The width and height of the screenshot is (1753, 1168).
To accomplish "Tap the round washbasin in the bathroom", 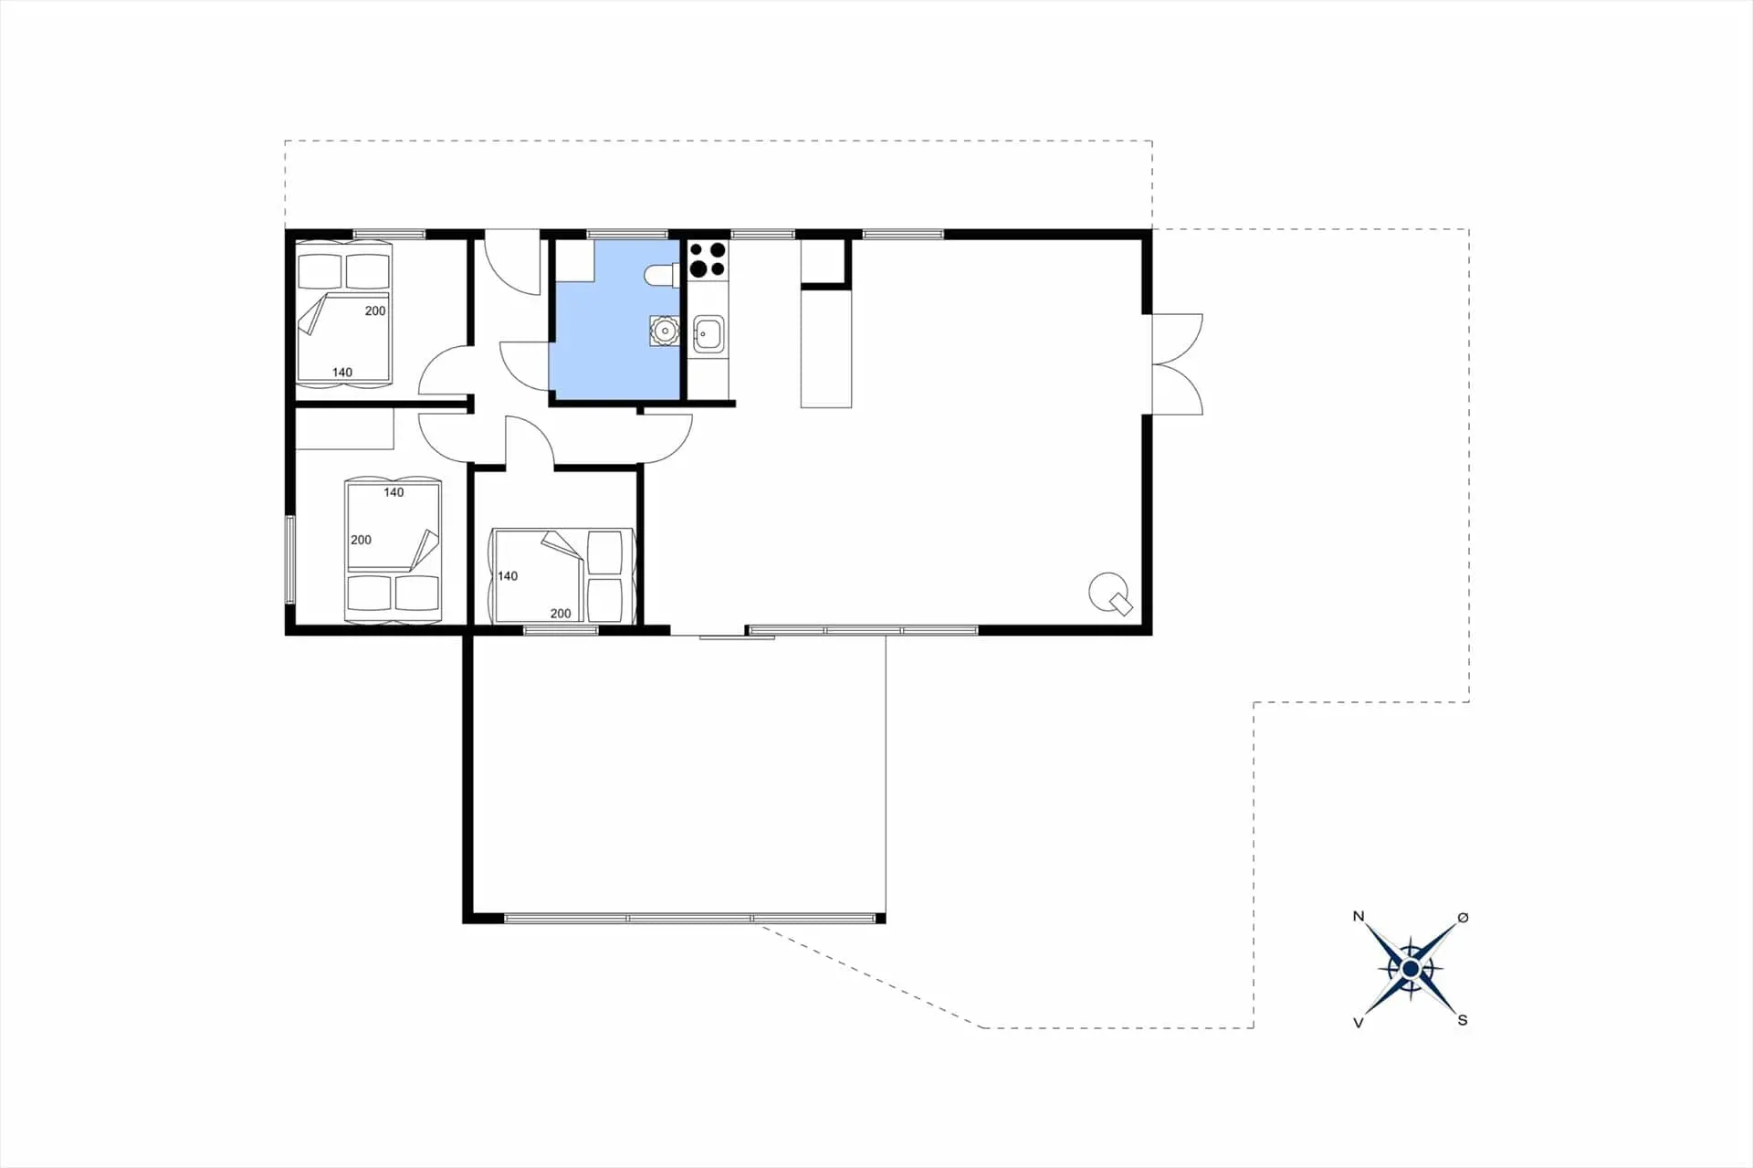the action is tap(665, 331).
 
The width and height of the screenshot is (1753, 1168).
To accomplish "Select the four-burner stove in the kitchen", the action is tap(708, 258).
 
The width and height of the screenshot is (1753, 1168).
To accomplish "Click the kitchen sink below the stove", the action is tap(709, 334).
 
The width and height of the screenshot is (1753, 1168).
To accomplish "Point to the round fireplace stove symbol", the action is tap(1110, 593).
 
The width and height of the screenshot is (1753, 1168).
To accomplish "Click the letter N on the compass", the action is tap(1359, 916).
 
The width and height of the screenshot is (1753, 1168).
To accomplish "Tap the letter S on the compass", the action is tap(1463, 1020).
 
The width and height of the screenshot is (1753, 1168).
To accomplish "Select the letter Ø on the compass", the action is tap(1463, 917).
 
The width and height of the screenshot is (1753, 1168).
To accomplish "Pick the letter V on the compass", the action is tap(1359, 1023).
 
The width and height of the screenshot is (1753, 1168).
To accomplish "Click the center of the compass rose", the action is tap(1411, 969).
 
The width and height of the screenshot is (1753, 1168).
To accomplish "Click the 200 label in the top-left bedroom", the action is tap(375, 310).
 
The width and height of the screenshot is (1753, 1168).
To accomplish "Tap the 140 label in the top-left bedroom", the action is tap(342, 372).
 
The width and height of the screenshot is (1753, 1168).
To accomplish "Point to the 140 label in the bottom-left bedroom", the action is tap(394, 492).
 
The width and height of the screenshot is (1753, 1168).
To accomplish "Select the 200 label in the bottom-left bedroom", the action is tap(361, 540).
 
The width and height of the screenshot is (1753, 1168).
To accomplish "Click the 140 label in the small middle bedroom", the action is tap(508, 576).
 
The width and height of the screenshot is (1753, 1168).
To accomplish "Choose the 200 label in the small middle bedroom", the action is tap(561, 614).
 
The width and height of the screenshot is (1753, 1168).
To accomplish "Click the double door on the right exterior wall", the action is tap(1177, 364).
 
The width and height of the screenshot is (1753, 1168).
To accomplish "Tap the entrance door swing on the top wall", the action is tap(512, 264).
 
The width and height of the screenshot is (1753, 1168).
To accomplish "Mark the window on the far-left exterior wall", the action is tap(290, 559).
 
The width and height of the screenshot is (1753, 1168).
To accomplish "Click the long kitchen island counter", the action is tap(826, 347).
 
